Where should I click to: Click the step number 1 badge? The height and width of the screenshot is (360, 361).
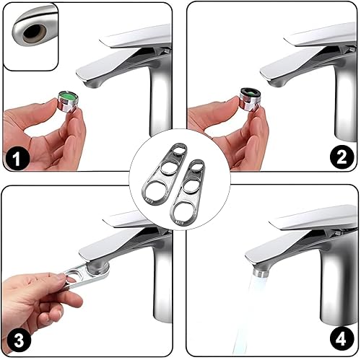(x=17, y=158)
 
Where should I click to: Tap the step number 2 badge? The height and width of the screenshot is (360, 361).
(x=342, y=157)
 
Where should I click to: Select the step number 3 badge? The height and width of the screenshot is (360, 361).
(x=19, y=340)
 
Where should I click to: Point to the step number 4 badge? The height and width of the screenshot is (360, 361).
(x=342, y=339)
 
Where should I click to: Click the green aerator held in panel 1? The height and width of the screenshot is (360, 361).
(x=68, y=101)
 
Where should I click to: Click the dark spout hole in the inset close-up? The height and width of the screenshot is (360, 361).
(x=34, y=33)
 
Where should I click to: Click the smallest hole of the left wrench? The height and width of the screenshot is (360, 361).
(x=180, y=150)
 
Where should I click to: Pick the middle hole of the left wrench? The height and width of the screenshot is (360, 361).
(x=168, y=168)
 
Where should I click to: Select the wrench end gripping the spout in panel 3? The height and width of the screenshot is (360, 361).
(x=99, y=271)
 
